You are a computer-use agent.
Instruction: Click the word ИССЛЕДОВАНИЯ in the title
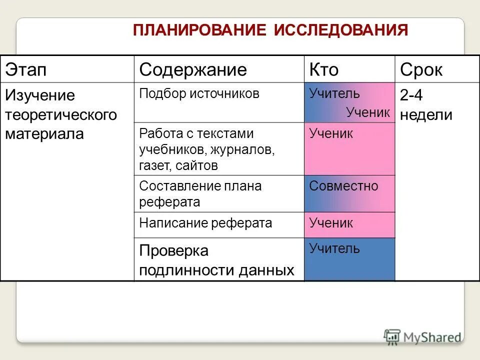coord(341,30)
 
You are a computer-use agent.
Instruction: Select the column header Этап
coord(25,70)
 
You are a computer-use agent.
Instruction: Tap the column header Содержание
coord(193,70)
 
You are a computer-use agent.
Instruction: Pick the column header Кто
coord(324,70)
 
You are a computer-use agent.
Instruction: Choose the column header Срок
coord(421,70)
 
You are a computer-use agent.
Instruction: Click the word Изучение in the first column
coord(39,95)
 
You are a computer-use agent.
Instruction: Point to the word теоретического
coord(61,115)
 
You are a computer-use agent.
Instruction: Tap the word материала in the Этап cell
coord(44,134)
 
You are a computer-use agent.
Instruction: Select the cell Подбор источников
coord(199,94)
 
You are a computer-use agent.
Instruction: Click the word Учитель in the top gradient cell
coord(334,93)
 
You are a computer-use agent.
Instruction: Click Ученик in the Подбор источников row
coord(368,112)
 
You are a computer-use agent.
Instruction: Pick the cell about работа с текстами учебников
coord(207,149)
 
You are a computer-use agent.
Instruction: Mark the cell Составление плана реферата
coord(200,194)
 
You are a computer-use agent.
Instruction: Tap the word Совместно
coord(343,186)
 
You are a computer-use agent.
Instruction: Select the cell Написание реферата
coord(205,223)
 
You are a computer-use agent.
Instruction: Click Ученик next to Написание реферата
coord(331,223)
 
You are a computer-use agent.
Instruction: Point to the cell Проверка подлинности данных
coord(216,260)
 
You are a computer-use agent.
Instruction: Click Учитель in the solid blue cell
coord(334,248)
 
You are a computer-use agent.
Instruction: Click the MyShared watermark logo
coord(422,336)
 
